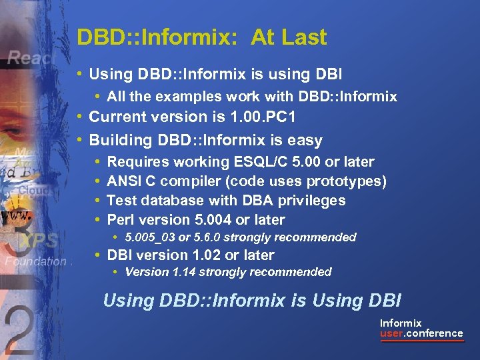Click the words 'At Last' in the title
[x=289, y=37]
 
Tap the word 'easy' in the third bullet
[x=306, y=140]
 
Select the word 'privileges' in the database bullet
[x=312, y=201]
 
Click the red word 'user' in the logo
[x=391, y=333]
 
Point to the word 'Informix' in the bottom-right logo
[x=401, y=323]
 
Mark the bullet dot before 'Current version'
[x=79, y=117]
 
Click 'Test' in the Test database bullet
[x=121, y=201]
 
